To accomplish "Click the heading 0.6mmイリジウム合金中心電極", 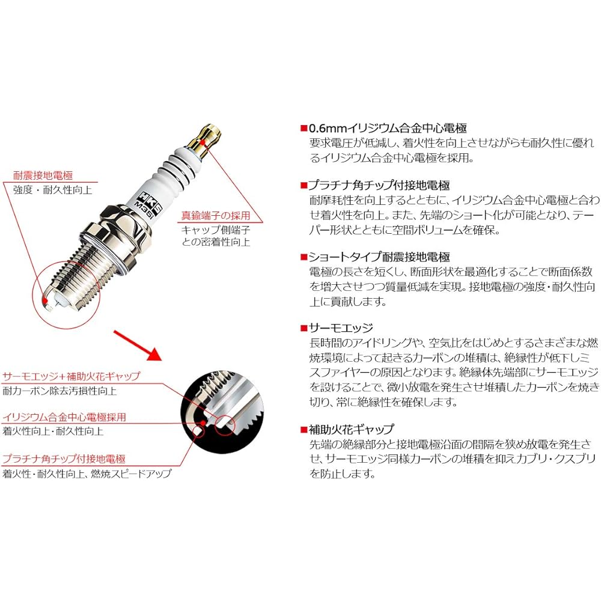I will tap(388, 128).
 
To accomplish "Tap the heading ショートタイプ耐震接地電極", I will tap(379, 257).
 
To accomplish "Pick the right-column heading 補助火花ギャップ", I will tap(352, 429).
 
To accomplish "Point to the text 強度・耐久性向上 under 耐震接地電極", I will tap(52, 189).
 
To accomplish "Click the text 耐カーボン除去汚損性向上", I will tap(59, 391).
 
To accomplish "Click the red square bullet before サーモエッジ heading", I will tap(304, 329).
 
